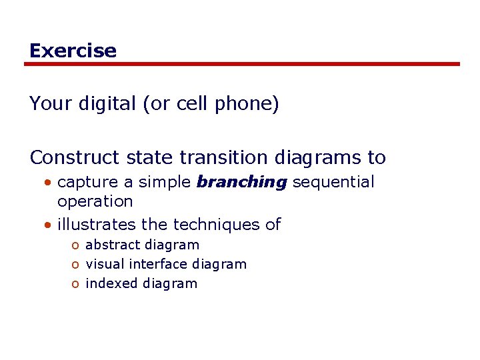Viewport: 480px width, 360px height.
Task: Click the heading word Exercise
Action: tap(73, 51)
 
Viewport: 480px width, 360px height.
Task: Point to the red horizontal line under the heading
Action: tap(242, 64)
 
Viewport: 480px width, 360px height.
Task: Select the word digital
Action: tap(107, 104)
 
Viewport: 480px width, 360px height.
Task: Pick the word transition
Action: tap(223, 157)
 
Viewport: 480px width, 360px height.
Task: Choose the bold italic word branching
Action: tap(241, 183)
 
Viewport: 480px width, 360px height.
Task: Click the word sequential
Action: tap(333, 182)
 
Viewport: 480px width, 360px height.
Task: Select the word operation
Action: tap(95, 201)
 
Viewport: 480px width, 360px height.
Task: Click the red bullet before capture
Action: tap(49, 183)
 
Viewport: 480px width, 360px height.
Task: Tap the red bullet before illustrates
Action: tap(49, 225)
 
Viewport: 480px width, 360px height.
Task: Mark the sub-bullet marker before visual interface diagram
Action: tap(76, 265)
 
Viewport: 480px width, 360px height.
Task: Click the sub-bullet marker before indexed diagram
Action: tap(76, 284)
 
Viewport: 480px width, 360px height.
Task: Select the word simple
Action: tap(165, 182)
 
